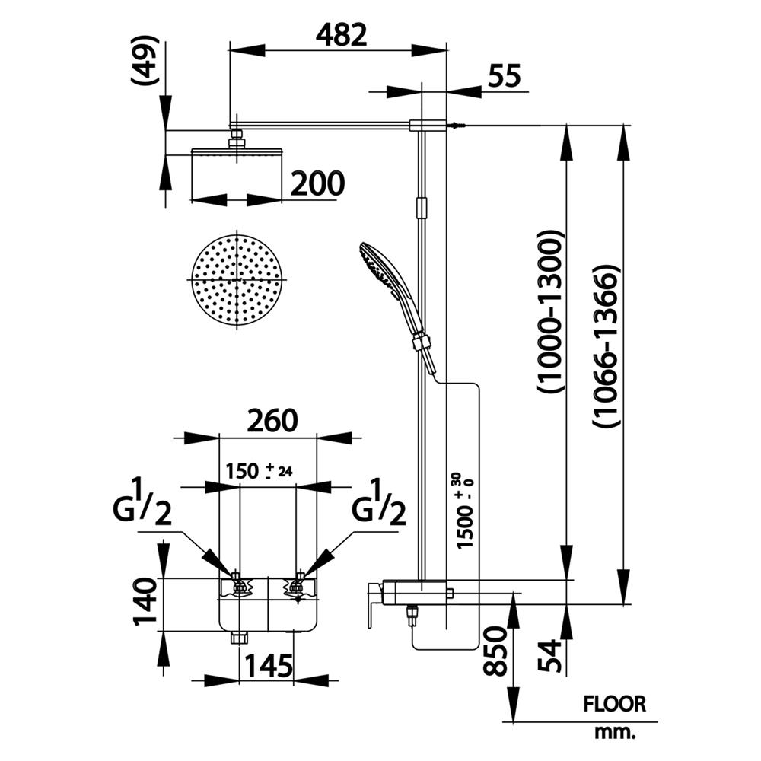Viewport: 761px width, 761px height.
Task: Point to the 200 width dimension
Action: [x=316, y=183]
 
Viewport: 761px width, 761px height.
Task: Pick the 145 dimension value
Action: [x=267, y=667]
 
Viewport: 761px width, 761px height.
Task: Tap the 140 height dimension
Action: [x=146, y=601]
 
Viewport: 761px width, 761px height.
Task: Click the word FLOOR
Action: [x=614, y=704]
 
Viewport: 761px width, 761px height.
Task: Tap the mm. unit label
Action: [x=614, y=734]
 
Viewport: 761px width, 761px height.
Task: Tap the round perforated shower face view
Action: [x=237, y=279]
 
